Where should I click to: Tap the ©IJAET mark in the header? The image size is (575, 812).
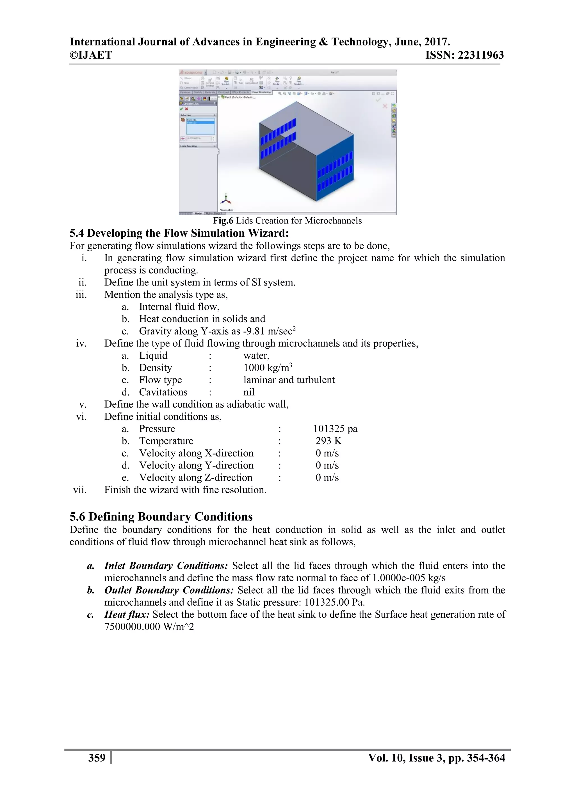[91, 55]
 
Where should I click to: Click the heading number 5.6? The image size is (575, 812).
[77, 517]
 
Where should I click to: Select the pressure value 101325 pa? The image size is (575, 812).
[335, 429]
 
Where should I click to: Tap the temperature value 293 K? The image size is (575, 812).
[328, 441]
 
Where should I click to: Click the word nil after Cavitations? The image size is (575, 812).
[249, 392]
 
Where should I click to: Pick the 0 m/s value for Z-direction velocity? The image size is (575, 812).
[327, 478]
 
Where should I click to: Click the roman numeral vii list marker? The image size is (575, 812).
[80, 490]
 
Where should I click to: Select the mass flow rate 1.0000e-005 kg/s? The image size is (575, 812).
[409, 578]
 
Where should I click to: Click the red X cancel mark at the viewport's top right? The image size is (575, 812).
[385, 106]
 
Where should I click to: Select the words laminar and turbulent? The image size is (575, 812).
[289, 380]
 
